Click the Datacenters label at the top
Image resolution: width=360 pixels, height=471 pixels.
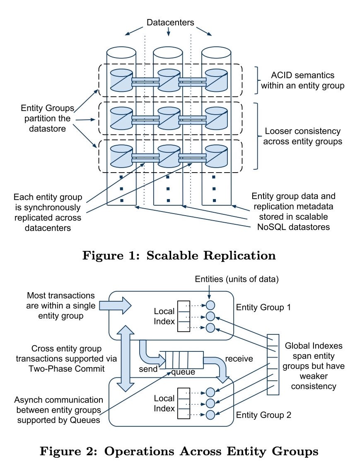170,22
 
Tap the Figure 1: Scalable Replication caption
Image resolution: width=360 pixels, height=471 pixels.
179,255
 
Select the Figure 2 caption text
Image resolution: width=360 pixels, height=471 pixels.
179,452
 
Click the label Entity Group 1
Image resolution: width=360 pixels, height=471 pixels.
263,307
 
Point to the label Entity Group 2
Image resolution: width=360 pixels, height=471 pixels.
263,415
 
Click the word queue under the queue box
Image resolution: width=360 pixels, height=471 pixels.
183,372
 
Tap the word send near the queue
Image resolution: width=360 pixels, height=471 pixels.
148,369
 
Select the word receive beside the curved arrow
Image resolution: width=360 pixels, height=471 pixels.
239,359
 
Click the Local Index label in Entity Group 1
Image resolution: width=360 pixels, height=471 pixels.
164,316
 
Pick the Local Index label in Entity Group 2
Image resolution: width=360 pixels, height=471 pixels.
164,404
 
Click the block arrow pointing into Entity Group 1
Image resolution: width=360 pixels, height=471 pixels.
116,305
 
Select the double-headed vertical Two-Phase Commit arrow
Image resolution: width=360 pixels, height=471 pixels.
126,358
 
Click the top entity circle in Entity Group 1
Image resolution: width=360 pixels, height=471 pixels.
210,305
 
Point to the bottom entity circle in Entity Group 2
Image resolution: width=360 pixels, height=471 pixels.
210,415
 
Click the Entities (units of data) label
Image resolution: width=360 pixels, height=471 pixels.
237,279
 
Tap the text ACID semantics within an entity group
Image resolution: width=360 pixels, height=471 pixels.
302,81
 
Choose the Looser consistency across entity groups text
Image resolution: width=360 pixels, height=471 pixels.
303,136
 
